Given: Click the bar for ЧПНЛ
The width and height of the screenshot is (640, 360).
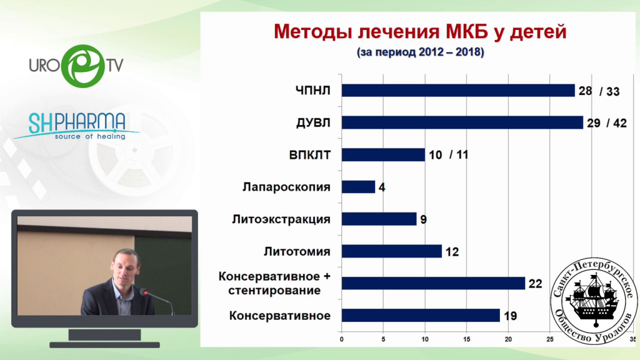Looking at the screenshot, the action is tap(458, 91).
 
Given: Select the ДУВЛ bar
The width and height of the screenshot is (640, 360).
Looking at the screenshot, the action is tap(462, 122).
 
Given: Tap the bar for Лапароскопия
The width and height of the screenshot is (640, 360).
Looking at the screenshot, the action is tap(358, 187).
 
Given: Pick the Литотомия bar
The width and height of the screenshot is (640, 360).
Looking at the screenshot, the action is tap(391, 251).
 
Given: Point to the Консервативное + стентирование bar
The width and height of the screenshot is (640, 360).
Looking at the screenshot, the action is tap(433, 283).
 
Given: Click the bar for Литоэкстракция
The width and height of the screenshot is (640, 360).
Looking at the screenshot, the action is tap(379, 219).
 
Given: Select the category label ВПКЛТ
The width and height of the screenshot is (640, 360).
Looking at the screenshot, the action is tap(310, 155).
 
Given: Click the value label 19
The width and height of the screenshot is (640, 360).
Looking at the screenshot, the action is tap(510, 316).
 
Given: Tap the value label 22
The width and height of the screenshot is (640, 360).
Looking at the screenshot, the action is tap(536, 284).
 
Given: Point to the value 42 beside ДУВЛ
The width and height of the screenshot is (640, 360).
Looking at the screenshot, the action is tap(619, 123).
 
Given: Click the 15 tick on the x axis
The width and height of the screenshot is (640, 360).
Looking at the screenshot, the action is tap(466, 339).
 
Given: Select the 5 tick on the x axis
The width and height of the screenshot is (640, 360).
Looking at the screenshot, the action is tap(383, 339).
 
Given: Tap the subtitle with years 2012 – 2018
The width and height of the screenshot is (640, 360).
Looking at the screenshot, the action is tap(421, 52).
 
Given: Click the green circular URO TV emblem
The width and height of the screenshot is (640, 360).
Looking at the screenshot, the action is tap(83, 66).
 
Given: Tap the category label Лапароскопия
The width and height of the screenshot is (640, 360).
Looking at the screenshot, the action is tap(286, 187).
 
